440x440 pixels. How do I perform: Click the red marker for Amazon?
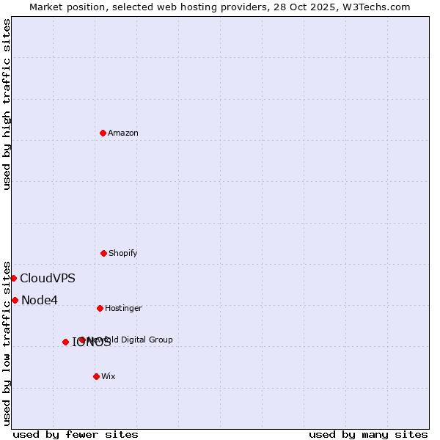[x=103, y=133]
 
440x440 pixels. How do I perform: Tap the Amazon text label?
[x=122, y=133]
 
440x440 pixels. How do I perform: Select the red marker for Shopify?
[x=103, y=253]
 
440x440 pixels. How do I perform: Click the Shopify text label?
[x=122, y=253]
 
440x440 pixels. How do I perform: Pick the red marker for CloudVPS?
[x=13, y=278]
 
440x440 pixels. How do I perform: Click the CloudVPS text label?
[x=47, y=278]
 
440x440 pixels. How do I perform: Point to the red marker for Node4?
[x=15, y=300]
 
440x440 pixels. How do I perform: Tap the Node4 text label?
[x=39, y=300]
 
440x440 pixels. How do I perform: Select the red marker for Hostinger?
[x=100, y=308]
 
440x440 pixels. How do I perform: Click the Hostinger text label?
[x=123, y=308]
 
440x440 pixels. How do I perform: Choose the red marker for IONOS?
[x=65, y=342]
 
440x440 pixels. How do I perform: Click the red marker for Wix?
[x=96, y=376]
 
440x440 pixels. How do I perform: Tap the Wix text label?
[x=109, y=376]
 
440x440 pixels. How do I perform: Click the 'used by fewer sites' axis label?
[x=76, y=434]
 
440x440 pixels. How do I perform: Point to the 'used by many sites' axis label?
[x=368, y=434]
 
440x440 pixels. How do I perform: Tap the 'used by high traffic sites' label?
[x=7, y=105]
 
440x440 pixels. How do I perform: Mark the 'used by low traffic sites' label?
[x=7, y=343]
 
